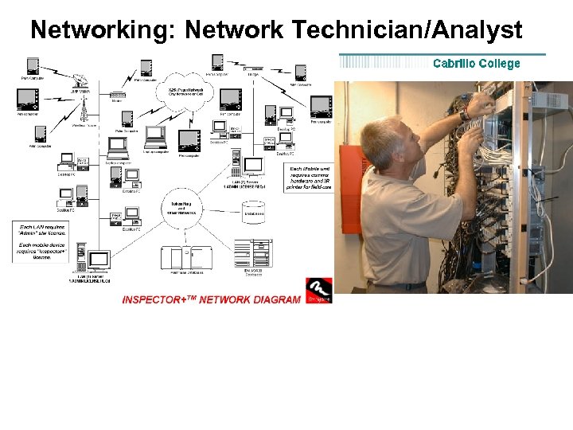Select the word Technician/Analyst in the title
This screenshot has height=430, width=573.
(407, 30)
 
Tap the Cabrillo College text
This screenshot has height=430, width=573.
(476, 63)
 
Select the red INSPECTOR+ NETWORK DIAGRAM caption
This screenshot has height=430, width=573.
(211, 299)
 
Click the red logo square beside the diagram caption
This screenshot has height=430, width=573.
(318, 289)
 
